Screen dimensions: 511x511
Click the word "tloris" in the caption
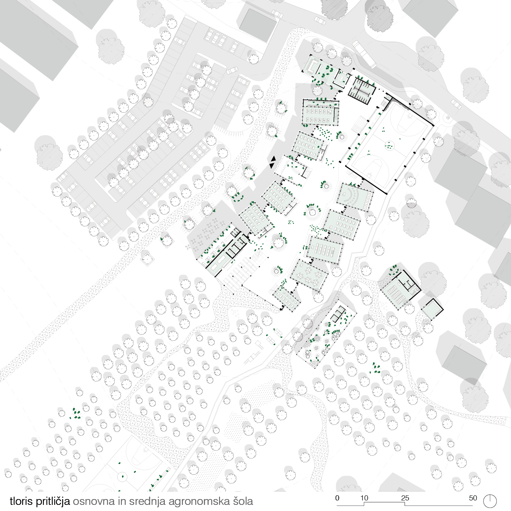tap(21, 501)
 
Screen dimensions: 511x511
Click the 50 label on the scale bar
tap(473, 498)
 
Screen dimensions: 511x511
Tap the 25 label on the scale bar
tap(405, 498)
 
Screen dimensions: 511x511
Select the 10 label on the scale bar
tap(364, 498)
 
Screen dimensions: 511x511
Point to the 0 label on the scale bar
tap(337, 498)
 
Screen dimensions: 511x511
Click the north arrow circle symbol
tap(490, 501)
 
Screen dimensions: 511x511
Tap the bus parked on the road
tap(364, 54)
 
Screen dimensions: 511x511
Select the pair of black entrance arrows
tap(273, 162)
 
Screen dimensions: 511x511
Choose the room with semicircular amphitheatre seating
tap(355, 197)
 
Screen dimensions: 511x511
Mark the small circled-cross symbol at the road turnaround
tap(448, 118)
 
